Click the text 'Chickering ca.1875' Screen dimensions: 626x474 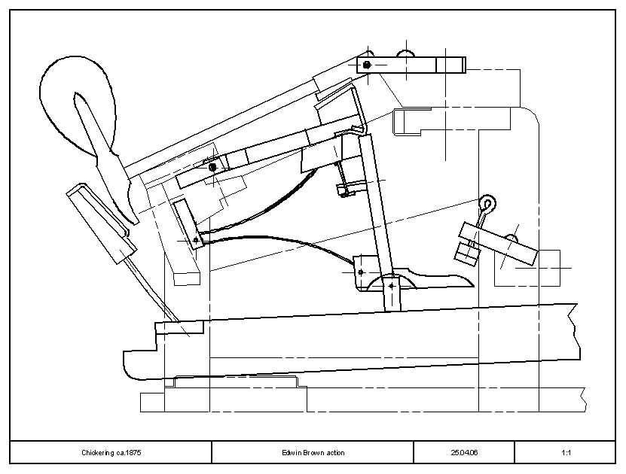coord(111,452)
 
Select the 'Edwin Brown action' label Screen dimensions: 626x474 coord(313,452)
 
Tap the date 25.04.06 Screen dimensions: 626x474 coord(464,452)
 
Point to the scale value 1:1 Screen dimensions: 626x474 coord(566,452)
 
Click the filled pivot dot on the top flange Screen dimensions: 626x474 coord(367,64)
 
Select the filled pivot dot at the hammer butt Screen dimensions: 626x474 coord(212,166)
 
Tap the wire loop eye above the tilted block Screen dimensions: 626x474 coord(488,203)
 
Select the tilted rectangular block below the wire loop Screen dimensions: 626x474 coord(498,244)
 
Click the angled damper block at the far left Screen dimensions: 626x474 coord(102,223)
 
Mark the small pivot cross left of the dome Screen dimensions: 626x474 coord(361,272)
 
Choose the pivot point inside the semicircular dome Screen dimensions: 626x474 coord(392,285)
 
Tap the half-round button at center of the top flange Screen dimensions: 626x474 coord(407,53)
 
